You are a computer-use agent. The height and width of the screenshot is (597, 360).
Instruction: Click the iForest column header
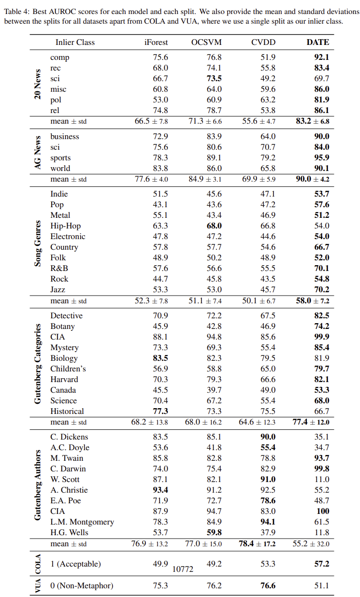(x=156, y=42)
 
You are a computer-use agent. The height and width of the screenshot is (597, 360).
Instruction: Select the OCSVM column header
(x=206, y=42)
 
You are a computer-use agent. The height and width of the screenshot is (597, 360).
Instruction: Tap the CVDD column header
(x=263, y=42)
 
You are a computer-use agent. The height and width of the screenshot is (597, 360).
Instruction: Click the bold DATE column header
(x=317, y=42)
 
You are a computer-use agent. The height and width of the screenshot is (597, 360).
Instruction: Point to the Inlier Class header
(x=75, y=42)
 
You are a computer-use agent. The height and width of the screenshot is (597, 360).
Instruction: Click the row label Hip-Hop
(x=65, y=226)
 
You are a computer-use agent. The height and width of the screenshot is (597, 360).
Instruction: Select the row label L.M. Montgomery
(x=82, y=522)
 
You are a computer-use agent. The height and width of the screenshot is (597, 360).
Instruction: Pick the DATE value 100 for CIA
(x=322, y=511)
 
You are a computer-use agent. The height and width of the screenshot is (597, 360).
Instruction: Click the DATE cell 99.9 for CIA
(x=321, y=337)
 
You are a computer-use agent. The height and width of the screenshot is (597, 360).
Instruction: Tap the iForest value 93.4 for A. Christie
(x=160, y=490)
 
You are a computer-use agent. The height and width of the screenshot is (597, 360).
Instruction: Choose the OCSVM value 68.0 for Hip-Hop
(x=214, y=226)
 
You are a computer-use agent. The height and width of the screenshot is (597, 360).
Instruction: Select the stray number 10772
(x=183, y=569)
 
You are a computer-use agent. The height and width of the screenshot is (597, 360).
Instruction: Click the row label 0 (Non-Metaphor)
(x=82, y=585)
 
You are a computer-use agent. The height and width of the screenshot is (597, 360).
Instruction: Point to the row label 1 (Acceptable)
(x=75, y=564)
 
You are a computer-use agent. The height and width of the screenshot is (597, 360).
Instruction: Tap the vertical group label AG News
(x=38, y=152)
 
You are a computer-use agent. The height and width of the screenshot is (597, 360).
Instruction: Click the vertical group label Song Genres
(x=38, y=241)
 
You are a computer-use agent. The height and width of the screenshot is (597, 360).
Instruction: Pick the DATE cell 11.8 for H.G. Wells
(x=321, y=532)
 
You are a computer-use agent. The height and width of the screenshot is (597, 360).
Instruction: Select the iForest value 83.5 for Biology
(x=160, y=358)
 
